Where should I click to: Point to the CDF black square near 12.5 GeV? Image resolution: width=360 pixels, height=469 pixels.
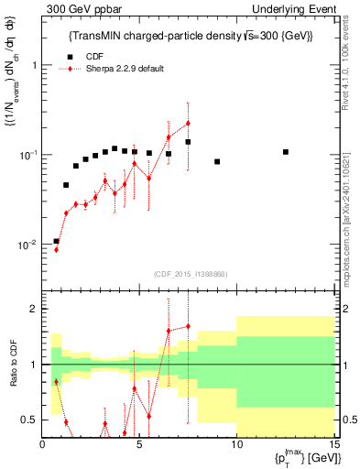tap(286, 152)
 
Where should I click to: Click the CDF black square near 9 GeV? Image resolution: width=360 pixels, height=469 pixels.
tap(217, 162)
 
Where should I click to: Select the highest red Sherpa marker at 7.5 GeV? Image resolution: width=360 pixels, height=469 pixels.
tap(188, 123)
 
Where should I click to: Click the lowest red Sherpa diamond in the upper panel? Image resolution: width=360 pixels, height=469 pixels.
tap(56, 249)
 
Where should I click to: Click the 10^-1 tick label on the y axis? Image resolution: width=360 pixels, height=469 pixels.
tap(28, 155)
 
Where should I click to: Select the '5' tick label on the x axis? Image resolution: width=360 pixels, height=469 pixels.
tap(139, 444)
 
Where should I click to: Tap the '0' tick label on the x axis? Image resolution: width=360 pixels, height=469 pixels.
tap(43, 444)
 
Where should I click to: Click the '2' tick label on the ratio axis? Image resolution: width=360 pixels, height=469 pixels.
tap(34, 309)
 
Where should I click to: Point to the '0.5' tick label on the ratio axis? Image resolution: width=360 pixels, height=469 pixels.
tap(29, 420)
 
